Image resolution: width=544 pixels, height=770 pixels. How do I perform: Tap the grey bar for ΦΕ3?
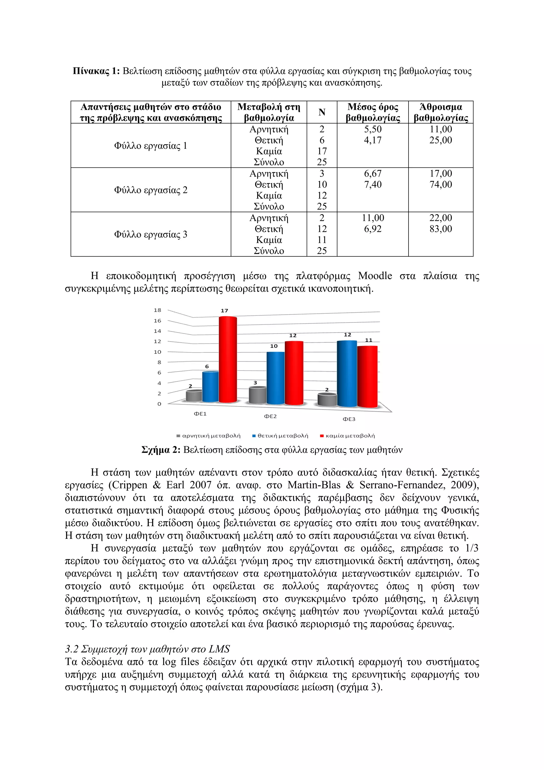pyautogui.click(x=327, y=400)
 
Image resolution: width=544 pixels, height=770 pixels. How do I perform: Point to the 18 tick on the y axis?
pyautogui.click(x=157, y=310)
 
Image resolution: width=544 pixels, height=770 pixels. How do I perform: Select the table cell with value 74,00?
pyautogui.click(x=441, y=184)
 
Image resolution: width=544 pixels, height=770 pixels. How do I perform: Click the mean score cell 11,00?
pyautogui.click(x=373, y=218)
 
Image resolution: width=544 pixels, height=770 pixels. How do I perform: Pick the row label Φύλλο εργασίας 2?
pyautogui.click(x=151, y=190)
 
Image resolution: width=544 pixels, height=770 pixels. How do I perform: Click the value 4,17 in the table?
pyautogui.click(x=373, y=140)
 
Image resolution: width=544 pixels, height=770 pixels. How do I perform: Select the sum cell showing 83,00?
pyautogui.click(x=441, y=229)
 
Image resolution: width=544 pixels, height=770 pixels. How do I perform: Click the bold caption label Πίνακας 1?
pyautogui.click(x=96, y=71)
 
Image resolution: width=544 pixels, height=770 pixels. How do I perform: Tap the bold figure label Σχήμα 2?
pyautogui.click(x=161, y=450)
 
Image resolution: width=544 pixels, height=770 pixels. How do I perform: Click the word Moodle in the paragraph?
pyautogui.click(x=375, y=276)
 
